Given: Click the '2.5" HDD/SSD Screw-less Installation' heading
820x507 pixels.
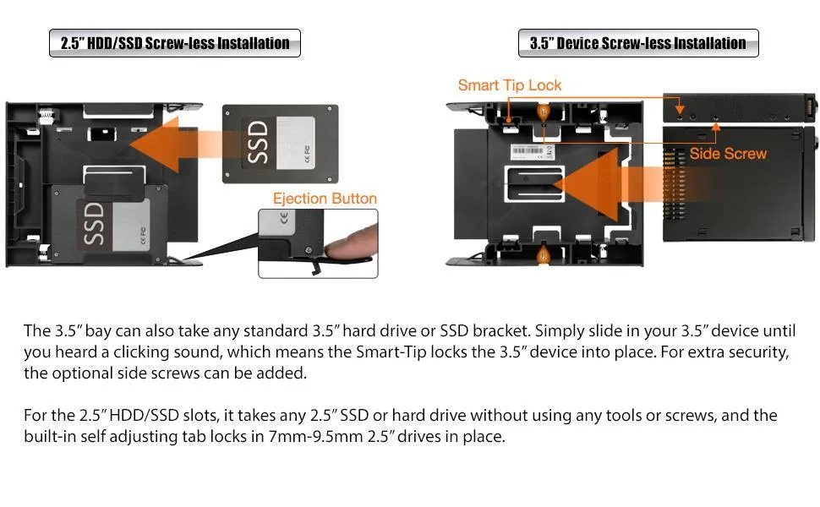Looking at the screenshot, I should click(175, 43).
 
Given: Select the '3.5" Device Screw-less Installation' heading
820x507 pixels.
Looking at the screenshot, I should click(638, 43).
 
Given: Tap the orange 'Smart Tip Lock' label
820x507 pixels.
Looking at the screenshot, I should click(509, 85).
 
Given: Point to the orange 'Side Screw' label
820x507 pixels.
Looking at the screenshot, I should click(728, 153).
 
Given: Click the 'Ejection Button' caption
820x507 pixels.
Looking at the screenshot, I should click(324, 199).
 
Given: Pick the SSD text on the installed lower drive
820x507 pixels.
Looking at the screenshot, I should click(94, 223).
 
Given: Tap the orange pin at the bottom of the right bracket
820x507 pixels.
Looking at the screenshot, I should click(544, 253).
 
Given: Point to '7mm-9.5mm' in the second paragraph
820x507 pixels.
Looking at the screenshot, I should click(319, 437).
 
